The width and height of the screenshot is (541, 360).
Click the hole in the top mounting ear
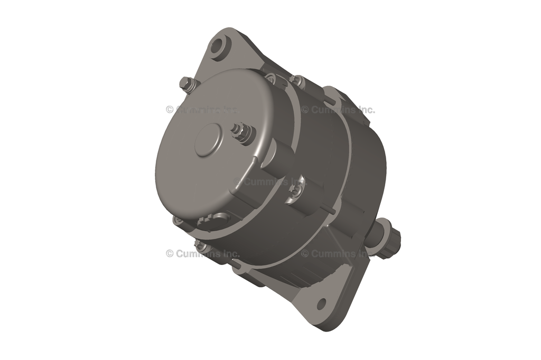point(217,46)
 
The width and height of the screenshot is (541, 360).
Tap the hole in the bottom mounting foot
point(321,304)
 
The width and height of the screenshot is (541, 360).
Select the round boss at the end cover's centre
point(208,140)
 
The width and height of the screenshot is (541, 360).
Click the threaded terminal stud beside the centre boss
point(241,131)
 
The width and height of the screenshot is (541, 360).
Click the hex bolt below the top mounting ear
point(186,83)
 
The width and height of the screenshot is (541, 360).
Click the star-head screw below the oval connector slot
point(200,245)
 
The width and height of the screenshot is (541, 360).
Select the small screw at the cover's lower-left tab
point(179,221)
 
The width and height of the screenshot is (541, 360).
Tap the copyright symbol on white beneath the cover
point(170,253)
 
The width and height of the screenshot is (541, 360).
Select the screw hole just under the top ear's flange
point(272,79)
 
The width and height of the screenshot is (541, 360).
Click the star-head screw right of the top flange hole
point(298,81)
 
